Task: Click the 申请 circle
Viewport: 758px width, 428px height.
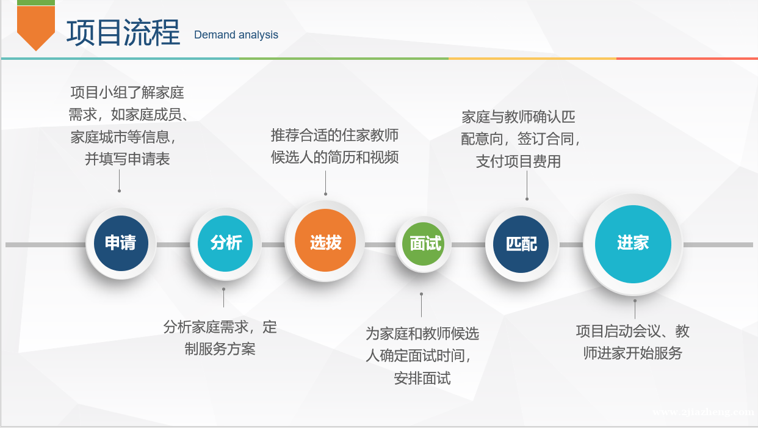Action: click(121, 243)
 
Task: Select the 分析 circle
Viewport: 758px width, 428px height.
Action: click(225, 244)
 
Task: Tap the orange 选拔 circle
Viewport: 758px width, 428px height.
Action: click(325, 240)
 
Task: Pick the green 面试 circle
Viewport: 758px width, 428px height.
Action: click(424, 244)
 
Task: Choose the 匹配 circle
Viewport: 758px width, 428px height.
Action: click(521, 244)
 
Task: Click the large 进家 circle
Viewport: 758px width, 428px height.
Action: click(633, 244)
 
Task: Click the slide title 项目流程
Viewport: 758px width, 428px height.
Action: click(123, 32)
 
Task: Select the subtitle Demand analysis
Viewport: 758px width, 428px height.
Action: click(236, 35)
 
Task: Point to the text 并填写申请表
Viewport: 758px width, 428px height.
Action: click(127, 159)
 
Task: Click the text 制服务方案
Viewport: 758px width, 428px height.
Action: click(220, 349)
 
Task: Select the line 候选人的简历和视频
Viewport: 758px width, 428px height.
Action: click(334, 157)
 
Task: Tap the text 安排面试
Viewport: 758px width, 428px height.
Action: click(422, 378)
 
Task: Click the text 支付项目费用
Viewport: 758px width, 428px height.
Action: click(518, 161)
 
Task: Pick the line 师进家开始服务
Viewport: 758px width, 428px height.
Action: click(633, 353)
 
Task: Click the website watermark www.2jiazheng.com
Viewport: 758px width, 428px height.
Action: click(703, 412)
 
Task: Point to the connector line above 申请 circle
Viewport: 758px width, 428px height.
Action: click(119, 181)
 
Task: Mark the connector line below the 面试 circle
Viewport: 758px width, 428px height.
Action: click(421, 305)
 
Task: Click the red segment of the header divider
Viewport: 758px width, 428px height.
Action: click(687, 59)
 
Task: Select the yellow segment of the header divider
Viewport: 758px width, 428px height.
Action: click(532, 59)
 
